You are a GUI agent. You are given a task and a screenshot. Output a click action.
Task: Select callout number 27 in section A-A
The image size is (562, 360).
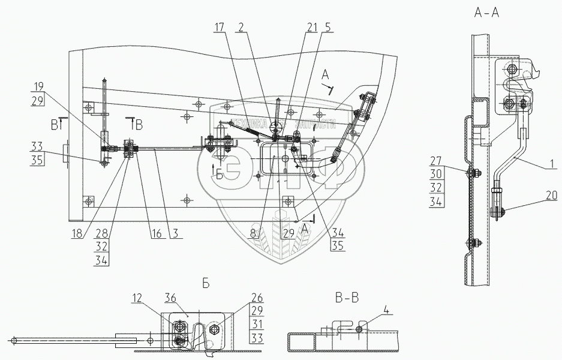tap(436, 161)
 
